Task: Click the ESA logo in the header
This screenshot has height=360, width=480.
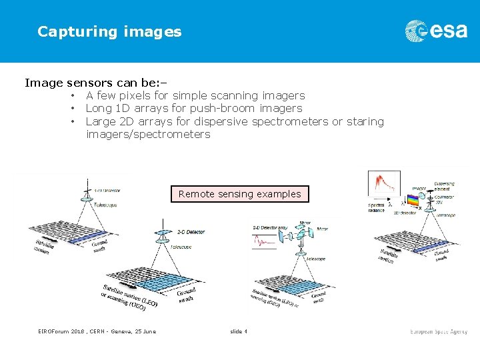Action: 436,31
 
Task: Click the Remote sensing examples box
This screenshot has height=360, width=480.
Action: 240,194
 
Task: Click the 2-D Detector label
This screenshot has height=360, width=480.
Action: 191,232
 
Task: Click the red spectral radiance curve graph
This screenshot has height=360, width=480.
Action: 385,183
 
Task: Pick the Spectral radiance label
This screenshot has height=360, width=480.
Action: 377,207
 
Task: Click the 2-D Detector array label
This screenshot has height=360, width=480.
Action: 269,228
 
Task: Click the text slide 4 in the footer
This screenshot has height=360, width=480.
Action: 239,331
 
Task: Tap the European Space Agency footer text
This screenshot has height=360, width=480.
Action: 439,331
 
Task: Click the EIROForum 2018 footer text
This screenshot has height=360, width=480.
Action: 97,331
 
